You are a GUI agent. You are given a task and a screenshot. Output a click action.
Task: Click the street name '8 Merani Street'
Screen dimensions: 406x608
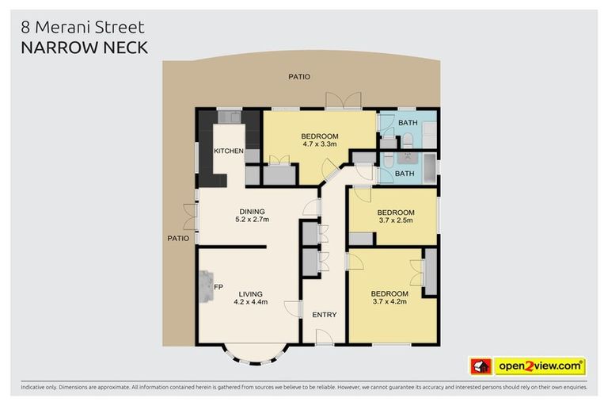point(82,28)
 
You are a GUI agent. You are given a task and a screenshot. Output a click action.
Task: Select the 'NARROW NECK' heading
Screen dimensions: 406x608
point(85,48)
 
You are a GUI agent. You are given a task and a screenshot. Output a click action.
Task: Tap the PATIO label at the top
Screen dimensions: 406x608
point(299,77)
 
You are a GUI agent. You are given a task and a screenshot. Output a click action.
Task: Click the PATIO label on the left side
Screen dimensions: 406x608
point(177,237)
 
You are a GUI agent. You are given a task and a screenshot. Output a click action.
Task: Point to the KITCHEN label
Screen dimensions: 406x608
point(228,151)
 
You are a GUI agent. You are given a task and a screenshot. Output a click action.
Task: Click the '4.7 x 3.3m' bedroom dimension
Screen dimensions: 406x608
point(320,144)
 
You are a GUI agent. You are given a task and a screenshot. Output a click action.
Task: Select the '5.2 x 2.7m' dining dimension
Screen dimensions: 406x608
point(252,220)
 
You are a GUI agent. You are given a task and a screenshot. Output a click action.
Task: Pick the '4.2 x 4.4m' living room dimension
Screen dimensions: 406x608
point(250,301)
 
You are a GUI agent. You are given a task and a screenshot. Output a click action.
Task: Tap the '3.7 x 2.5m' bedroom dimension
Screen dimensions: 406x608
point(395,221)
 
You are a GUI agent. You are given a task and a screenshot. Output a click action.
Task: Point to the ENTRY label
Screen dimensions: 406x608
point(324,315)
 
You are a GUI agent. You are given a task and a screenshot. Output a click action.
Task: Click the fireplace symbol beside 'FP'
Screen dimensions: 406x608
point(207,286)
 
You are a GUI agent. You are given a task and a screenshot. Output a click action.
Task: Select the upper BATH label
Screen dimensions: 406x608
point(408,123)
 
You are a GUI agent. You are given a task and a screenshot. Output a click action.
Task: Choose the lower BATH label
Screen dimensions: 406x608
point(405,173)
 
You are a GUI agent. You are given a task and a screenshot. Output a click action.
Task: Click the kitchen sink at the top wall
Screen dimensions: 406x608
point(230,117)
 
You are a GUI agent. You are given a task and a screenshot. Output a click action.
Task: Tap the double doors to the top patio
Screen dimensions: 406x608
point(343,101)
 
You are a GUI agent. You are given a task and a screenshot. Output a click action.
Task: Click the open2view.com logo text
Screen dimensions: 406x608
point(540,366)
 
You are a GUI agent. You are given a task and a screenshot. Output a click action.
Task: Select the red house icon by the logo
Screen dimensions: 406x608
point(480,366)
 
